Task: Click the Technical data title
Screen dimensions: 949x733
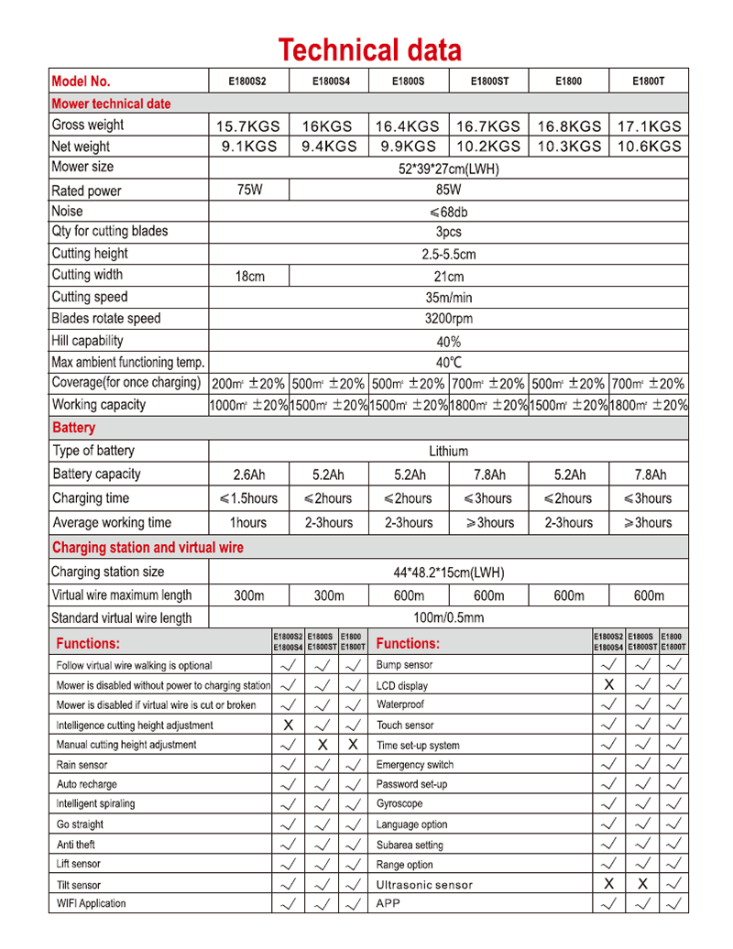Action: pyautogui.click(x=369, y=49)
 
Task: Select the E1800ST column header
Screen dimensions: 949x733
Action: pyautogui.click(x=489, y=81)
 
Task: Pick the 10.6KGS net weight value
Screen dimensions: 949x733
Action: pyautogui.click(x=649, y=147)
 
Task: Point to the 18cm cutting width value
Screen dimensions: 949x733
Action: pyautogui.click(x=249, y=276)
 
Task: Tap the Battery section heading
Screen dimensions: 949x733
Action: pyautogui.click(x=73, y=428)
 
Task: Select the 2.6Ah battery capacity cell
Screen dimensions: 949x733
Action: pyautogui.click(x=248, y=474)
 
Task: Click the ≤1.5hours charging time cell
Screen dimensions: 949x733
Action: pyautogui.click(x=248, y=498)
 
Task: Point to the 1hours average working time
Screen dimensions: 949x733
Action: pyautogui.click(x=248, y=523)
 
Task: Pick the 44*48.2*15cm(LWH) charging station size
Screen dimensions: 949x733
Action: pyautogui.click(x=448, y=573)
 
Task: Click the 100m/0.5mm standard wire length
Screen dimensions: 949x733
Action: pyautogui.click(x=448, y=618)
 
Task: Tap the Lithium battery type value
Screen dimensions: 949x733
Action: pyautogui.click(x=448, y=451)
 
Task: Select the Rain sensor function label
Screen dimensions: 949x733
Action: pyautogui.click(x=82, y=765)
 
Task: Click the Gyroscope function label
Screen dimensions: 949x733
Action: pyautogui.click(x=399, y=803)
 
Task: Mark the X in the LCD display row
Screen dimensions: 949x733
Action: pyautogui.click(x=608, y=685)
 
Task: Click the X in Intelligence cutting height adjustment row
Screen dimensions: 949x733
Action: pyautogui.click(x=288, y=725)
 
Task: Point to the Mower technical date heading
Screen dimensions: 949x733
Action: pyautogui.click(x=111, y=104)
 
